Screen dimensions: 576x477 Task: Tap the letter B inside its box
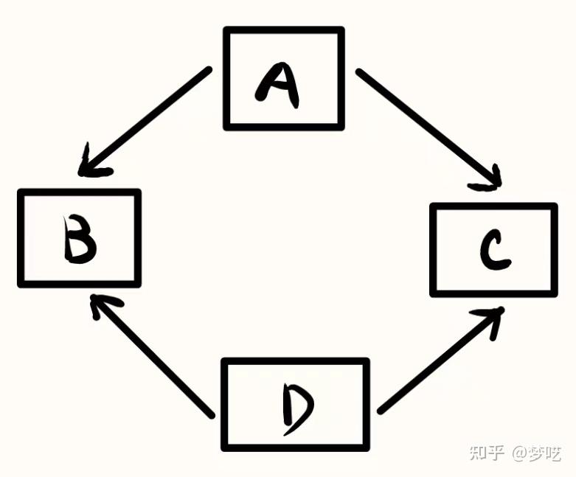click(x=79, y=240)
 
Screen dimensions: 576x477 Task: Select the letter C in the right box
click(x=492, y=251)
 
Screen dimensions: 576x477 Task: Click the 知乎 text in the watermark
click(x=487, y=453)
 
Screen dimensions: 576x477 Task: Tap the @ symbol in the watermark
click(x=519, y=453)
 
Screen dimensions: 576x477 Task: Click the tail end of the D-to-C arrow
click(x=381, y=410)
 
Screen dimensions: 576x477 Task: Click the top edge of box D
click(x=295, y=361)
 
